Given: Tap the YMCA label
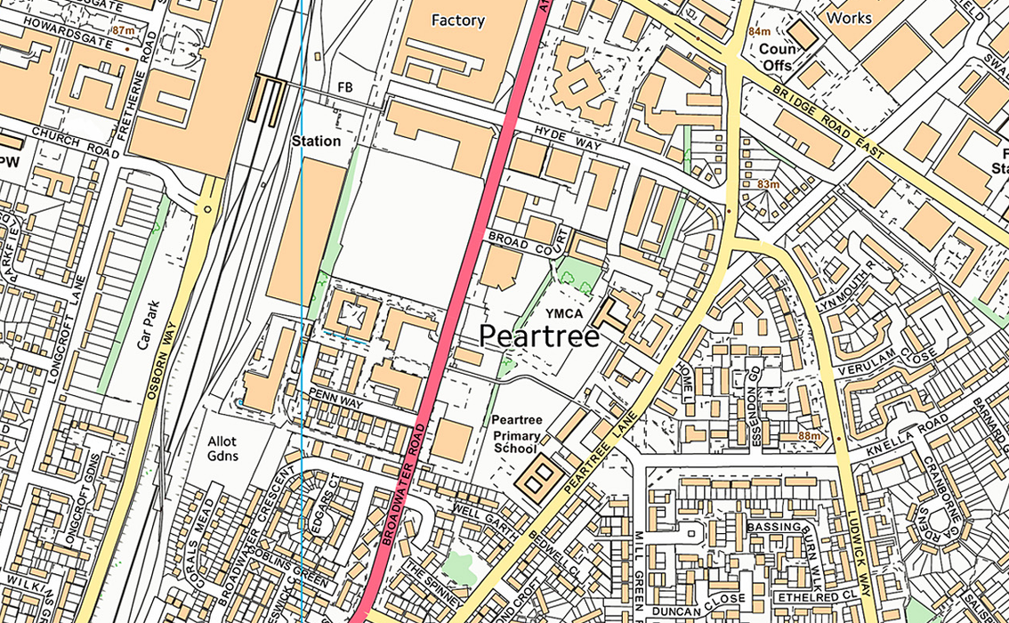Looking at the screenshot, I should [x=564, y=312].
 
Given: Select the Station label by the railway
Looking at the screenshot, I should [x=316, y=141].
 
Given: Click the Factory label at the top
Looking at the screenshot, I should [x=457, y=20].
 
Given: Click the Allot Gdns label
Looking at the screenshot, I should [x=222, y=448].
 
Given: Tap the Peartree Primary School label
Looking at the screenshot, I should [x=516, y=434].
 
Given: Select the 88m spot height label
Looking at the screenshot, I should [x=809, y=436].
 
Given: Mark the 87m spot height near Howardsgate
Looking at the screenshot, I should [x=124, y=30].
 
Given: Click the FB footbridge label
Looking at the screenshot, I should [x=345, y=87].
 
